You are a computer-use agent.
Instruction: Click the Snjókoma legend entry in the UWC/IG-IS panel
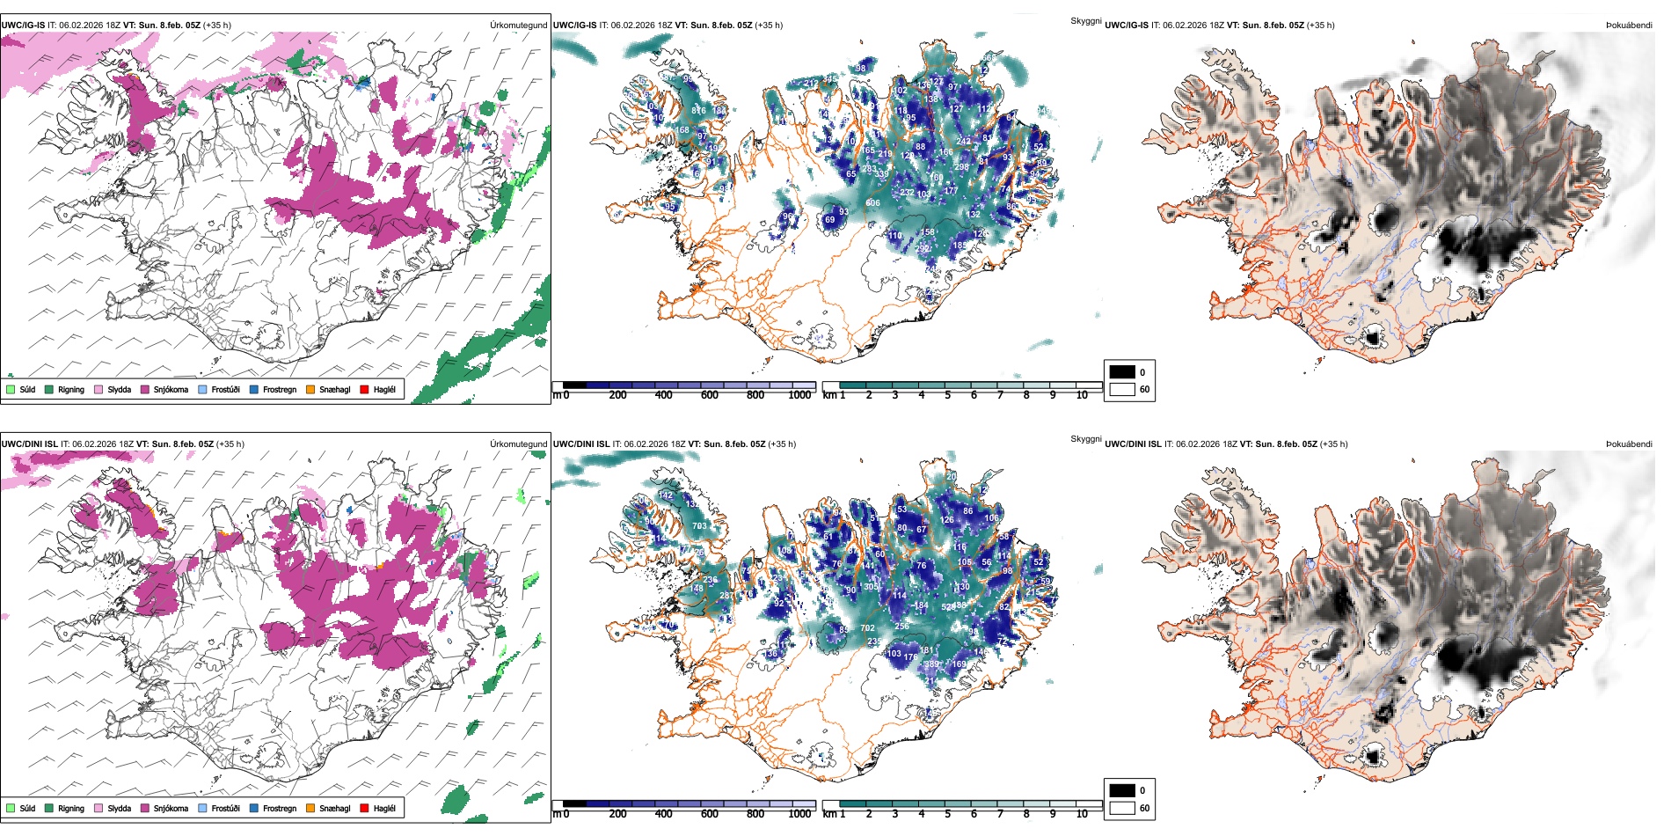coord(170,390)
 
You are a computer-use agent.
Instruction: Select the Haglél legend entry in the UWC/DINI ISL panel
coord(383,809)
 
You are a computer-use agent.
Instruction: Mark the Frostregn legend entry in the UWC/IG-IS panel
coord(279,390)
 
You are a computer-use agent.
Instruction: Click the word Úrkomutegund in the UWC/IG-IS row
coord(518,26)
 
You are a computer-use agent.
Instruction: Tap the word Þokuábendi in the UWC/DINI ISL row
coord(1629,444)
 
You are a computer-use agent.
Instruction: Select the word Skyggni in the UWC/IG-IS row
coord(1085,21)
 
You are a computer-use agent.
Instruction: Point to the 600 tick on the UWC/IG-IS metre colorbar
coord(710,396)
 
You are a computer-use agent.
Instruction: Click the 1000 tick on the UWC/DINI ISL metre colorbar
coord(799,815)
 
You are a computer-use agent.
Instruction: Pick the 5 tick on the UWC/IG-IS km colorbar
coord(948,396)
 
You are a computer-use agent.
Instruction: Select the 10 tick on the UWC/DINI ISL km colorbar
coord(1082,815)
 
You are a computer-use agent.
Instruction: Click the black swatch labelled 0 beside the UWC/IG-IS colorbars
coord(1122,372)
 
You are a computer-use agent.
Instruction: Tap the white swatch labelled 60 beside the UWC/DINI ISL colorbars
coord(1122,808)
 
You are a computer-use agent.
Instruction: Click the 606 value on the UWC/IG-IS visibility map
coord(872,203)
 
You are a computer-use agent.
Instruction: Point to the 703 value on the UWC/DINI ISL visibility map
coord(699,526)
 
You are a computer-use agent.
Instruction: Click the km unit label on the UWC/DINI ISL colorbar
coord(828,815)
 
